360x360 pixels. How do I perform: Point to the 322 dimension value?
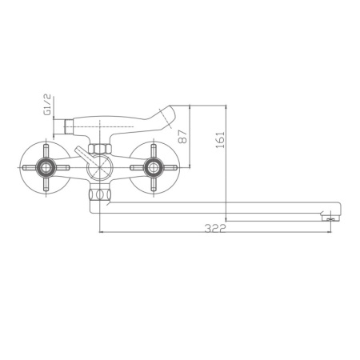tap(214, 228)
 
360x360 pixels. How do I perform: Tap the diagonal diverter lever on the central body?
tap(82, 154)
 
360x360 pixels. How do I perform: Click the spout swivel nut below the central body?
tap(100, 195)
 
